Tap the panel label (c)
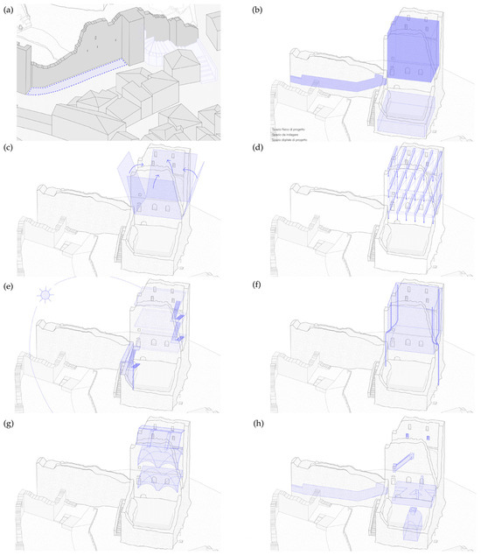click(x=8, y=147)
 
